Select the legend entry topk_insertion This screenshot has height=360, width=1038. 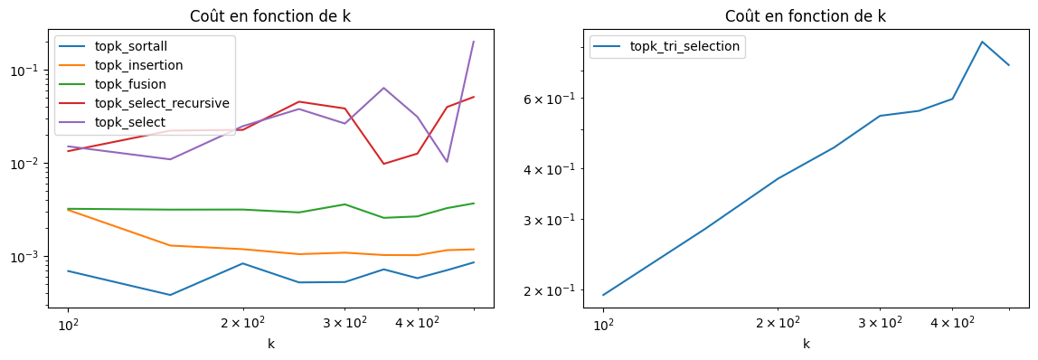click(137, 66)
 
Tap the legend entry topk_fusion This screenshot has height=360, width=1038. click(130, 85)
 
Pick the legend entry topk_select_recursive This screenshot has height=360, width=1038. click(161, 103)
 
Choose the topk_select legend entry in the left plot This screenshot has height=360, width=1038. click(129, 122)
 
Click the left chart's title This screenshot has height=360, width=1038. click(270, 16)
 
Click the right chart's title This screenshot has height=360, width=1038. click(806, 16)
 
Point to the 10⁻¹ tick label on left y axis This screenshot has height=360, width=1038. click(33, 71)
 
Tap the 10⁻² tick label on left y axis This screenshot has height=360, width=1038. click(33, 164)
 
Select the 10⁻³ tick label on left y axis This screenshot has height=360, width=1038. click(33, 257)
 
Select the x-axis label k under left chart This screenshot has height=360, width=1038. click(270, 344)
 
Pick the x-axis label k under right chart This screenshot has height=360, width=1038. click(806, 344)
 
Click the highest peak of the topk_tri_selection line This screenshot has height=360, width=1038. click(982, 42)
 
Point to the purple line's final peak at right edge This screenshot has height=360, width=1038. click(474, 42)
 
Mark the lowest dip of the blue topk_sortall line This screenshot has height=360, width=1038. click(170, 295)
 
